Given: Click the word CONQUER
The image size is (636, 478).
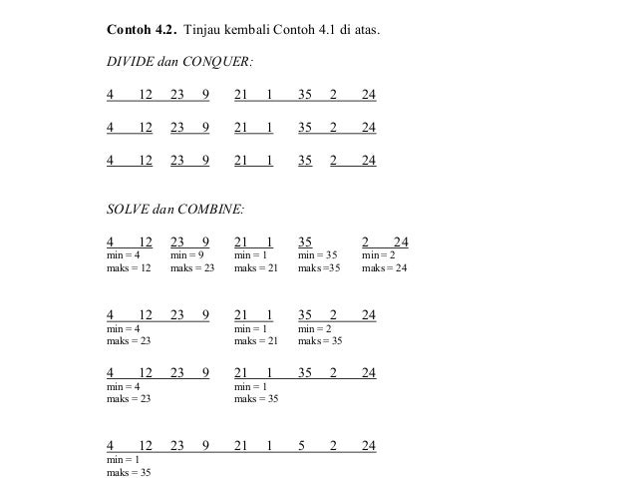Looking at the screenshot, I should coord(219,63).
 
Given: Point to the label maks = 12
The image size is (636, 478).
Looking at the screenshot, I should coord(129,267).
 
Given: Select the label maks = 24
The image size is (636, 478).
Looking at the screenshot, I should coord(384,267).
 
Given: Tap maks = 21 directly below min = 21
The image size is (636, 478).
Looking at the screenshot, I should coord(256,340).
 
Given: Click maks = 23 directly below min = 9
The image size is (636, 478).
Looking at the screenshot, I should coord(192,267).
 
